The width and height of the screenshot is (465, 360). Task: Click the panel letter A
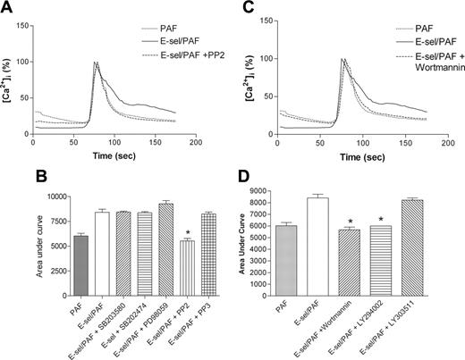point(6,8)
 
